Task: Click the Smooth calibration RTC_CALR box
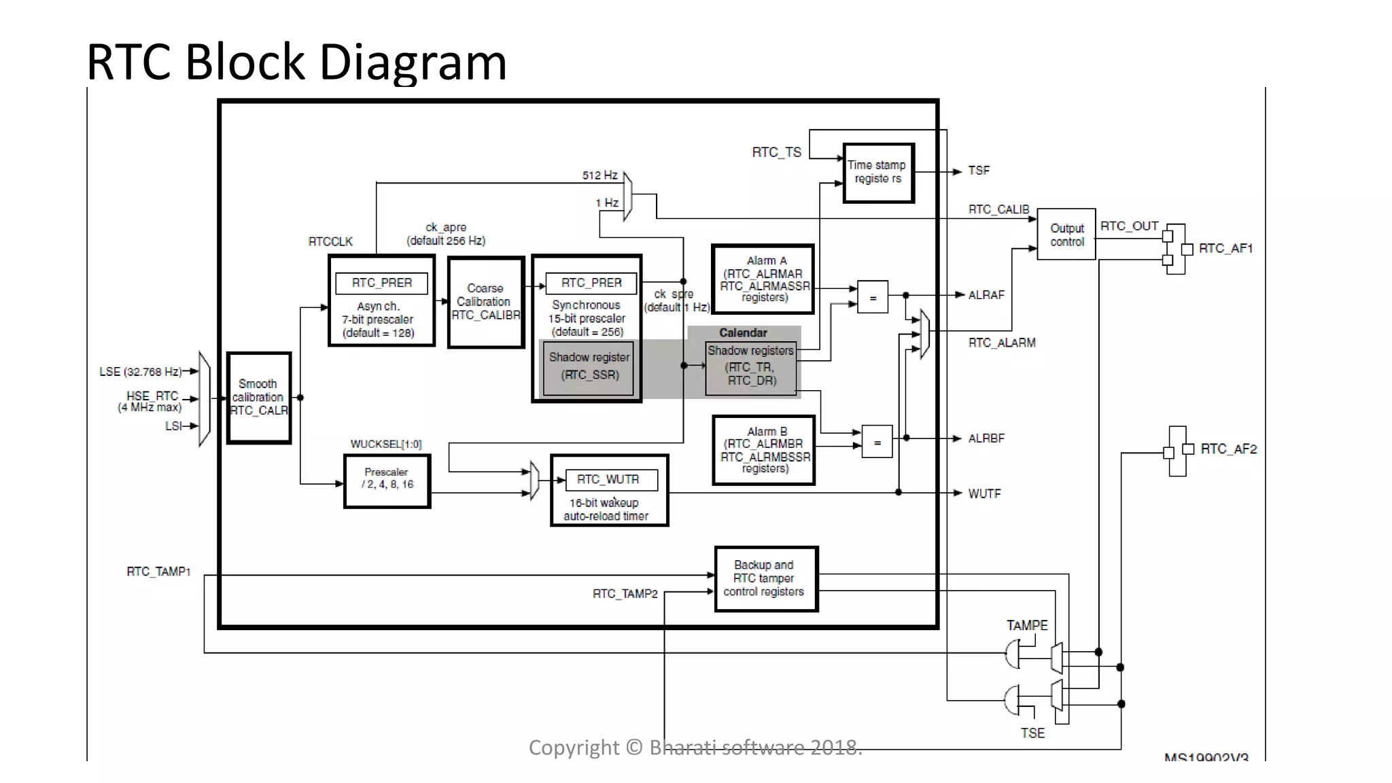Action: coord(259,398)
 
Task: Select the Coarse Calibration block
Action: coord(485,302)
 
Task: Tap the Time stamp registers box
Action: coord(877,173)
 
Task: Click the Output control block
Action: coord(1066,234)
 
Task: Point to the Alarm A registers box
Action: coord(763,279)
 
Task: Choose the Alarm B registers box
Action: coord(763,450)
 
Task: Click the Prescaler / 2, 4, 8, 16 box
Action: coord(387,481)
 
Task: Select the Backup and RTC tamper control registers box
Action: coord(765,578)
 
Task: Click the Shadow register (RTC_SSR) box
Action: coord(589,367)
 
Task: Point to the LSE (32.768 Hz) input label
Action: coord(140,372)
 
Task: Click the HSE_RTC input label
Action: coord(152,396)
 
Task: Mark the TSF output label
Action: coord(979,171)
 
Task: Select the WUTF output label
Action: coord(984,493)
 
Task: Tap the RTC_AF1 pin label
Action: coord(1225,249)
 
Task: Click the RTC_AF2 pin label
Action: coord(1228,449)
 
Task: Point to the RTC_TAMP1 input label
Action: coord(158,572)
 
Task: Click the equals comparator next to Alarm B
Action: coord(877,442)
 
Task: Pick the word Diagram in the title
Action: coord(413,62)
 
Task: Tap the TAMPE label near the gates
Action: coord(1026,625)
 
